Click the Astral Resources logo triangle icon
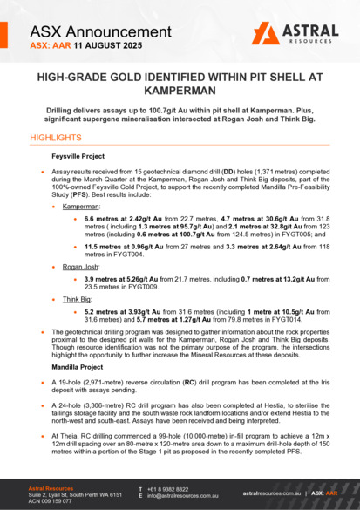pyautogui.click(x=264, y=32)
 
